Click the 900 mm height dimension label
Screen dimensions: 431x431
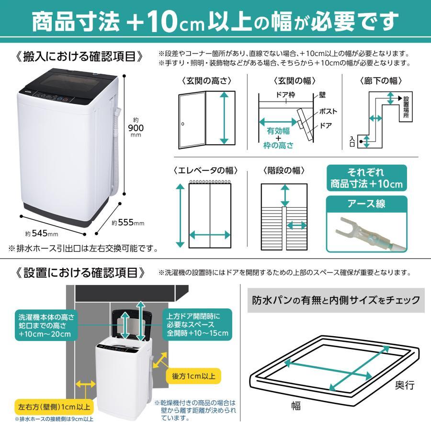[x=136, y=127]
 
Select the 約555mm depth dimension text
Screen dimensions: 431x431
[x=128, y=223]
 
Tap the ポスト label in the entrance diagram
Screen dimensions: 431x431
[x=329, y=112]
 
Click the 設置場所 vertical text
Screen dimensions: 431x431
[x=406, y=110]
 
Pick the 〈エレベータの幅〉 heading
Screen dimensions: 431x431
[x=206, y=170]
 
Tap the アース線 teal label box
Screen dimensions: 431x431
[x=367, y=204]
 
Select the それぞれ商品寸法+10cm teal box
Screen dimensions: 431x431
[x=367, y=178]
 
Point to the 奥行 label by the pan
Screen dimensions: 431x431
[x=404, y=385]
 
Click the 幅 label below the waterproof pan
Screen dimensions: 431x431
[x=296, y=406]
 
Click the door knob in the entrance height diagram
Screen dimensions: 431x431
[x=182, y=125]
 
